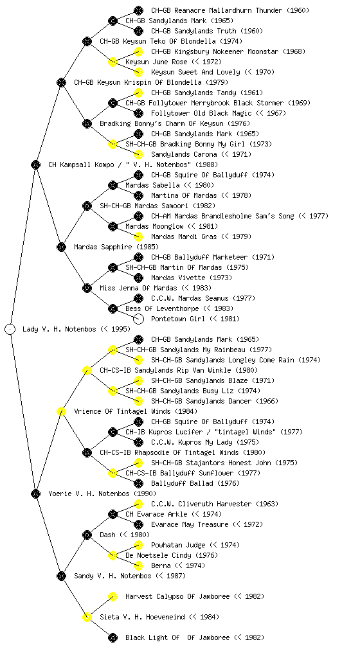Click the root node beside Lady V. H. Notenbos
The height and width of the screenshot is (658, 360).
(10, 329)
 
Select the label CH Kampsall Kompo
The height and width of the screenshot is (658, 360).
(75, 164)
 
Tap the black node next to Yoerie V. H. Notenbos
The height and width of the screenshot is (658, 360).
(35, 493)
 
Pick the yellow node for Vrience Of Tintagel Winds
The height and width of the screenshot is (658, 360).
(61, 411)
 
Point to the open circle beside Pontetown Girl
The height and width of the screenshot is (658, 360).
(138, 319)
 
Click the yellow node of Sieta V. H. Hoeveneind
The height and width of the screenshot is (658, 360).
(87, 617)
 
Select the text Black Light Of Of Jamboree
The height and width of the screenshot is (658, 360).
(177, 637)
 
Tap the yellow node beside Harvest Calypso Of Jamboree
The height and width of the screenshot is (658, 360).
(113, 596)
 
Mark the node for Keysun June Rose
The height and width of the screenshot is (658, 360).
(113, 62)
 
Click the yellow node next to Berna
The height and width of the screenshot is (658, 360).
(138, 565)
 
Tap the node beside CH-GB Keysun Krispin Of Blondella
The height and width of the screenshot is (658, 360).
(61, 82)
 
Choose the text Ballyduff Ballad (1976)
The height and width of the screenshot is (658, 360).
(195, 483)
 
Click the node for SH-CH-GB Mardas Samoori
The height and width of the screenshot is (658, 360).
(87, 206)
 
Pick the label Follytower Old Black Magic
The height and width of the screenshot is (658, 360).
(201, 113)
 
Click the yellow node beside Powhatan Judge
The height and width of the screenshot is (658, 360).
(138, 545)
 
